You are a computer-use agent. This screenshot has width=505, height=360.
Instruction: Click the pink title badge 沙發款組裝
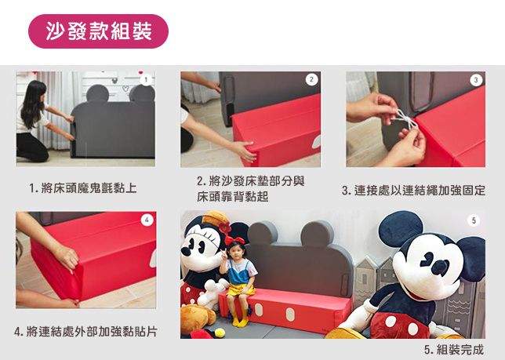point(98,31)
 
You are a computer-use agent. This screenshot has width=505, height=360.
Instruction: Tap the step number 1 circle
point(146,80)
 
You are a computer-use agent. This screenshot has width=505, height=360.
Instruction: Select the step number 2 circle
point(311,79)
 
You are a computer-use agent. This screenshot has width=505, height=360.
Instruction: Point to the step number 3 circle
point(476,80)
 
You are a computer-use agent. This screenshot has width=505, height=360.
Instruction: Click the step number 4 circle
point(147,220)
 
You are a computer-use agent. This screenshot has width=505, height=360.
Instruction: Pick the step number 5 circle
point(474,220)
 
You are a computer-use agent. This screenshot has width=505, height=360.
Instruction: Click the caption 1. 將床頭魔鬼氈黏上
point(83,188)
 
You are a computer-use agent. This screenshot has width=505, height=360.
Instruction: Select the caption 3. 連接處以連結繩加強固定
point(413,191)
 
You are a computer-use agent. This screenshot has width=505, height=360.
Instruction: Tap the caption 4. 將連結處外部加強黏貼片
point(85,331)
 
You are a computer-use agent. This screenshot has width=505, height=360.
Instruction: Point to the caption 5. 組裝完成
point(454,349)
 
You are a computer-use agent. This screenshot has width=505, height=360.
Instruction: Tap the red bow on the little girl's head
point(234,240)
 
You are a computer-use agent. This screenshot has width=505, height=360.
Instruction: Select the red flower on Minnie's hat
point(224,227)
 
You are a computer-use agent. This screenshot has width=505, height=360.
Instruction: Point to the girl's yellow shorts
point(241,290)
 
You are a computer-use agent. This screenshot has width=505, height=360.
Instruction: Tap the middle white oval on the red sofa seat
point(290,314)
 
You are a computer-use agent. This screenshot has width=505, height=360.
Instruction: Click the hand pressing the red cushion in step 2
point(245,151)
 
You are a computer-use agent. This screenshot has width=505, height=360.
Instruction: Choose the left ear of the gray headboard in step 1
point(97,93)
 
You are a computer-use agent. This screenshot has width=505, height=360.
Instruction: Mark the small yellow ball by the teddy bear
point(220,333)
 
